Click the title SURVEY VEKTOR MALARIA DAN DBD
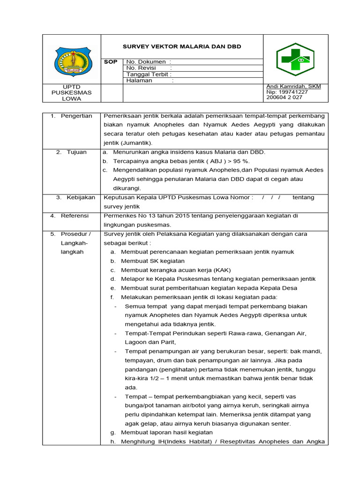coord(182,47)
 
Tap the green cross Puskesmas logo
coord(295,60)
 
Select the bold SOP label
coord(111,62)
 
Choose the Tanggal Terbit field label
coord(149,74)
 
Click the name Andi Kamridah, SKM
coord(293,87)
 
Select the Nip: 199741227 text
coord(287,92)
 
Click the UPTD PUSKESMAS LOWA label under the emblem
coord(72,93)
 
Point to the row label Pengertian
coord(76,116)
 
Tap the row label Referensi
coord(76,216)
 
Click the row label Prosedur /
coord(76,234)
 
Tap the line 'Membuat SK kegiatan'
coord(153,261)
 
